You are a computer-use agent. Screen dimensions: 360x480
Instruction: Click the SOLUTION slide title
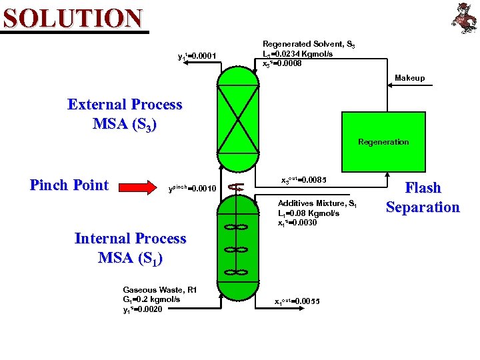[73, 18]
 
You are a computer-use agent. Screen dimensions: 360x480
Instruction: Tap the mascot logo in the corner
[462, 17]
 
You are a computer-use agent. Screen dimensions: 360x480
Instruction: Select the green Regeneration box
[383, 141]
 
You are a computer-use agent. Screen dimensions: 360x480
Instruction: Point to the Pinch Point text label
[69, 185]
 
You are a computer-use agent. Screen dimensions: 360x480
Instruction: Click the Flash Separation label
[423, 197]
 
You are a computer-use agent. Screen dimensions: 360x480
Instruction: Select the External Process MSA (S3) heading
[125, 114]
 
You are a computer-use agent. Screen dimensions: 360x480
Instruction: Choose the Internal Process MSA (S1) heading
[130, 247]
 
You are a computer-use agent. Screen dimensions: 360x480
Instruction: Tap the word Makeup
[409, 78]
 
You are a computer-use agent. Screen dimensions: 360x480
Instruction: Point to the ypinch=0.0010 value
[194, 189]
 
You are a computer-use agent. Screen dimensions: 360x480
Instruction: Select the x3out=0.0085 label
[303, 180]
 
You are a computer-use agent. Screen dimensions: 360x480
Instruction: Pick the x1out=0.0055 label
[297, 301]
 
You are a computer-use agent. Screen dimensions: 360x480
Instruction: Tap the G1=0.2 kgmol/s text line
[151, 299]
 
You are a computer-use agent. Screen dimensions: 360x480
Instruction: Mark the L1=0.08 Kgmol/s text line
[309, 213]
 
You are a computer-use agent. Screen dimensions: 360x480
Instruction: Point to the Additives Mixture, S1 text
[317, 203]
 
